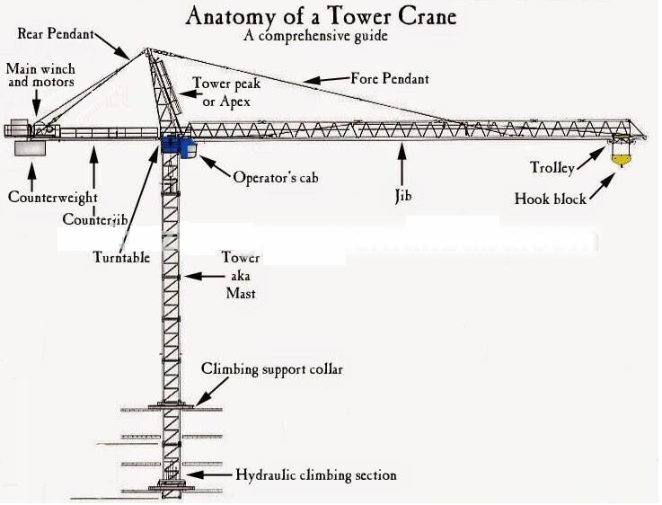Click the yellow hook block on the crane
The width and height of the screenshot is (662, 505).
coord(621,159)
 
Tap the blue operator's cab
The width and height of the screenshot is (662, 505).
coord(179,146)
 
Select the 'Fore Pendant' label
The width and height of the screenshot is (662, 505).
coord(390,78)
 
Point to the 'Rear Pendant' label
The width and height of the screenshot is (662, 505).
coord(56,33)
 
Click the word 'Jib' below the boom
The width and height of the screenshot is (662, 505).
coord(403,196)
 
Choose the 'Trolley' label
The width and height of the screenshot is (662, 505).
coord(552,168)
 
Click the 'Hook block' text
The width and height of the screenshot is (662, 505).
coord(550,199)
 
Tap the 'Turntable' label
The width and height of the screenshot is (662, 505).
coord(121,257)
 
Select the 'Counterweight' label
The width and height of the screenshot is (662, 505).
coord(53,197)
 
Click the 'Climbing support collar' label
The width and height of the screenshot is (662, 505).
coord(272,369)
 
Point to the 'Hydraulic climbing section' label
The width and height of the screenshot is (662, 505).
coord(316,475)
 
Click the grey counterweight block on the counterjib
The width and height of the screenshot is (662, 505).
coord(30,148)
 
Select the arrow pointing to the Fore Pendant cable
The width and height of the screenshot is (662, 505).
coord(326,79)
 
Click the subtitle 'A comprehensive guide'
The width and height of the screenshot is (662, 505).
coord(315,35)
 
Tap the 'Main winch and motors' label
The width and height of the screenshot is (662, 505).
coord(40,75)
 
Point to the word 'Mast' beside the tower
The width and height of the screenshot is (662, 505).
coord(241,293)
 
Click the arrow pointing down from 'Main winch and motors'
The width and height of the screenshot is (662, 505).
coord(37,102)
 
